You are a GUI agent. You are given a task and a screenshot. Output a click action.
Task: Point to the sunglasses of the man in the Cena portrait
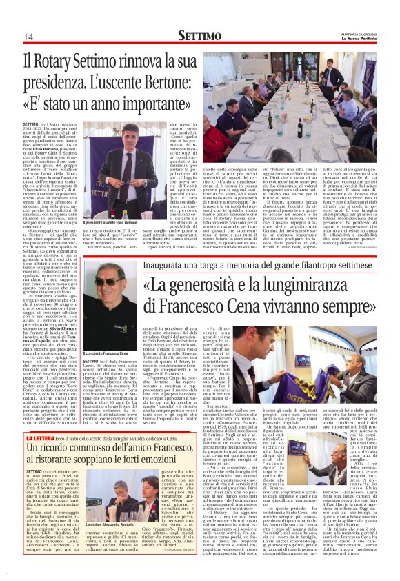point(108,281)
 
